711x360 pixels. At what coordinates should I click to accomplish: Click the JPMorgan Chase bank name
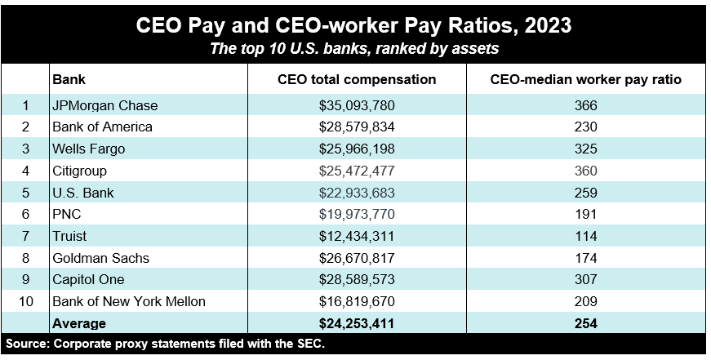tap(104, 105)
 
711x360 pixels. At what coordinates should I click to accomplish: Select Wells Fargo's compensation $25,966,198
tap(357, 149)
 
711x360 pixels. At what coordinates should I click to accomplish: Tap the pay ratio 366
tap(585, 105)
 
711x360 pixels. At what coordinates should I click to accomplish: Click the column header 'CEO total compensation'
tap(357, 80)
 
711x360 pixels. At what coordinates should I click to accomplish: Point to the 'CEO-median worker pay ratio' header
tap(585, 80)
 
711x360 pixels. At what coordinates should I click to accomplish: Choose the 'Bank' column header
tap(69, 80)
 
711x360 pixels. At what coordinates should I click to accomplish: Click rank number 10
tap(26, 302)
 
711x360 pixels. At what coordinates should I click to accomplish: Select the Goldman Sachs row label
tap(100, 258)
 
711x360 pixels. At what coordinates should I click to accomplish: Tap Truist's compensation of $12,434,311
tap(357, 236)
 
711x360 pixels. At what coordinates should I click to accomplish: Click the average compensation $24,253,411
tap(357, 323)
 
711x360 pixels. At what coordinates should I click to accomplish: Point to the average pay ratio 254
tap(585, 323)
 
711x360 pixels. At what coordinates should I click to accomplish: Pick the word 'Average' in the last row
tap(80, 323)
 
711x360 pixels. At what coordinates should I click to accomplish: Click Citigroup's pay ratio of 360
tap(585, 171)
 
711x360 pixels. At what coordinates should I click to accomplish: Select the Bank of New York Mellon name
tap(128, 302)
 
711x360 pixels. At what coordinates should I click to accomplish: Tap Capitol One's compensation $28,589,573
tap(357, 280)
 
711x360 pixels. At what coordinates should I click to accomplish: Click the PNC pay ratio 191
tap(585, 215)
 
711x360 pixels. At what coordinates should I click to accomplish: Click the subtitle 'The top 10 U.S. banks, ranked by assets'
tap(354, 49)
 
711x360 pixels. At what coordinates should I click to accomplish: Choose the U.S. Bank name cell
tap(82, 193)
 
